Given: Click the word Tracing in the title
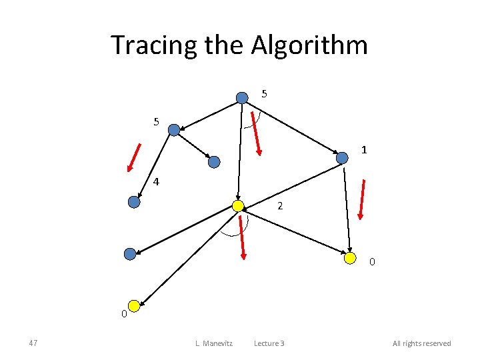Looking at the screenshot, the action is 143,45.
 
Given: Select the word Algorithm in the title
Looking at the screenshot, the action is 309,45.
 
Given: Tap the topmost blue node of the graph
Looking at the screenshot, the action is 242,97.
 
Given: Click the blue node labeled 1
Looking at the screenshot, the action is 342,158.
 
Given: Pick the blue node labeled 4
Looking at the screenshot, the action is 134,202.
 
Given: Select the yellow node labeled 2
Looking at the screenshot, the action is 237,206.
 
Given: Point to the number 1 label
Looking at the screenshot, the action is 364,150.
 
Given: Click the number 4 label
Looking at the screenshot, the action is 155,181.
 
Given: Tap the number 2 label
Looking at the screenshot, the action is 280,207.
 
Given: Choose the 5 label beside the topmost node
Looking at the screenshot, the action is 265,94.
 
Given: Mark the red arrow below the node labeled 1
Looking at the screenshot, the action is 361,199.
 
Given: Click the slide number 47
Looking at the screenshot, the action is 33,343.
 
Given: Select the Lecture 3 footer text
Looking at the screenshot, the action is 269,343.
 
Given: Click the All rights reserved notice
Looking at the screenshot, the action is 421,343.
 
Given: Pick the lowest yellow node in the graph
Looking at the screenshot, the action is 134,306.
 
